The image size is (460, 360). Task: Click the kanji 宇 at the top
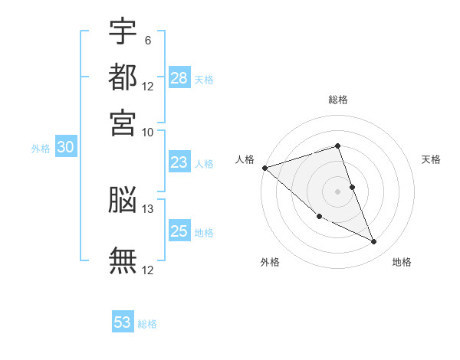pyautogui.click(x=123, y=31)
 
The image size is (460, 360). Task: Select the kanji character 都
pyautogui.click(x=123, y=77)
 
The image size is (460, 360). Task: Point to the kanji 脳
pyautogui.click(x=123, y=199)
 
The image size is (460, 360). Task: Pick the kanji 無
pyautogui.click(x=123, y=260)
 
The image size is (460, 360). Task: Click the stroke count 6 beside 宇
pyautogui.click(x=148, y=41)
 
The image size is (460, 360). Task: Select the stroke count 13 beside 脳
pyautogui.click(x=147, y=209)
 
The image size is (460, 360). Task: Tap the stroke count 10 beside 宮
pyautogui.click(x=147, y=133)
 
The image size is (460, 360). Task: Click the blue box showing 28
pyautogui.click(x=179, y=77)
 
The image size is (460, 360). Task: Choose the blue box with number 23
pyautogui.click(x=179, y=162)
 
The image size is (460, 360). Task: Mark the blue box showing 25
pyautogui.click(x=179, y=230)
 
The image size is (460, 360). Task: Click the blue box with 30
pyautogui.click(x=66, y=146)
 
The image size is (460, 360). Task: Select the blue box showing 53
pyautogui.click(x=123, y=321)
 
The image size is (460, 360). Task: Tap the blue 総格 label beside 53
pyautogui.click(x=147, y=324)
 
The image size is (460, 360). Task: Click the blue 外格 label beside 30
pyautogui.click(x=41, y=149)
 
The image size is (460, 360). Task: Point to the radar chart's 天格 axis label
pyautogui.click(x=431, y=159)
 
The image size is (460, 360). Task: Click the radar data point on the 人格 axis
pyautogui.click(x=265, y=168)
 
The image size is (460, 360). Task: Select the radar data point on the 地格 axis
pyautogui.click(x=374, y=241)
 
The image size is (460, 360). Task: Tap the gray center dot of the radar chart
pyautogui.click(x=337, y=191)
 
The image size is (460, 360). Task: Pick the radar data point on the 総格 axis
pyautogui.click(x=337, y=146)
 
